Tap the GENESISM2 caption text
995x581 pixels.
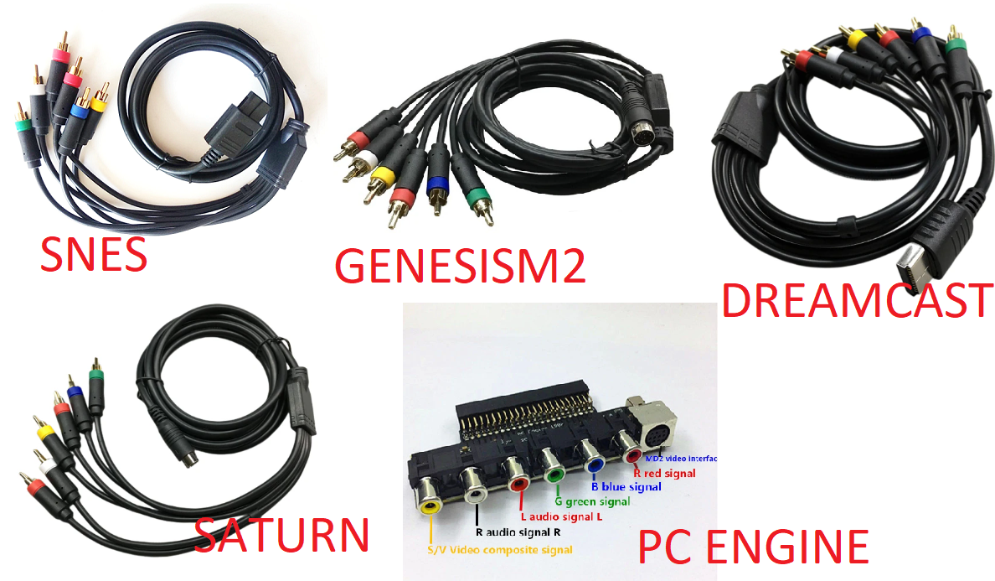tap(459, 266)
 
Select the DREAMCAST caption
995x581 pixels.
tap(857, 300)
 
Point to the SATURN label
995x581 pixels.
tap(281, 533)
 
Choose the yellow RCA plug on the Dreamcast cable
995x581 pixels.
tap(855, 38)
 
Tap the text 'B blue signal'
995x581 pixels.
tap(626, 486)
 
